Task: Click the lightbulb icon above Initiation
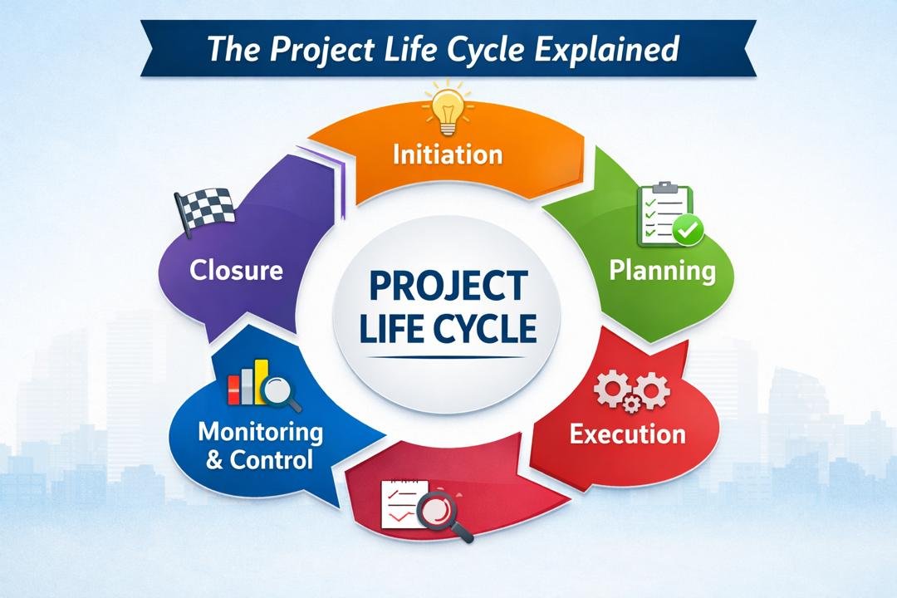(448, 110)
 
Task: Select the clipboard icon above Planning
(663, 214)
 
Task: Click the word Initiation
(448, 154)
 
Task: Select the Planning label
(661, 271)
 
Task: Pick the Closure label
(236, 270)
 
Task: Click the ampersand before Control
(214, 459)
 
